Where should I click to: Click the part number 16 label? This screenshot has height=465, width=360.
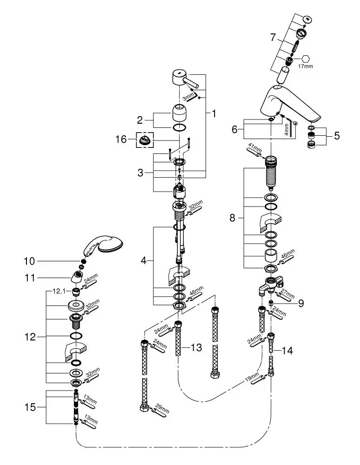121,139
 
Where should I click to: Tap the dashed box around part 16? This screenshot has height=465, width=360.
145,133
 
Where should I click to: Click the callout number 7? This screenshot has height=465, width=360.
273,38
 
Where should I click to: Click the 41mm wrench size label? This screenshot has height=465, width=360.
254,148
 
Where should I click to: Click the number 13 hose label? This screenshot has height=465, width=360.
196,347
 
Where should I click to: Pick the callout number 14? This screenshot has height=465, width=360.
287,351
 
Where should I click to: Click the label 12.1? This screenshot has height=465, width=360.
59,291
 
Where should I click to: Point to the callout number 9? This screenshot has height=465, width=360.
301,303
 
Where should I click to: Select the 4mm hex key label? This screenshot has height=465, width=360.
287,130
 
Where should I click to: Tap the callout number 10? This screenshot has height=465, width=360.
29,261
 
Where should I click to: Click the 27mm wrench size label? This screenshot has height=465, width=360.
288,293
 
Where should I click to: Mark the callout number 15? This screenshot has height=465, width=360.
30,407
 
